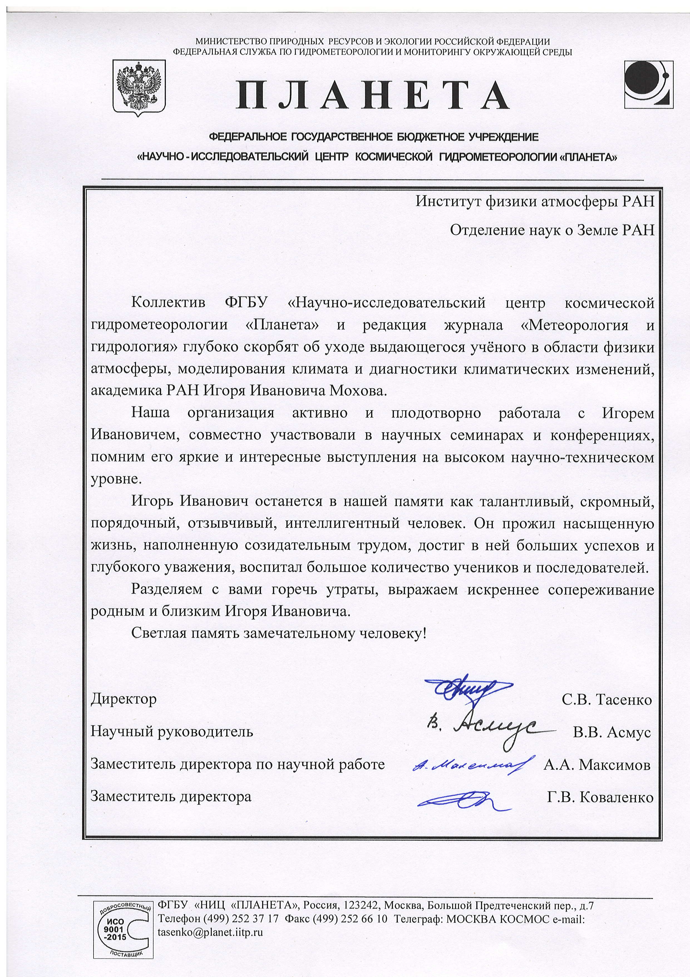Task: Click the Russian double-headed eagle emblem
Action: pos(138,87)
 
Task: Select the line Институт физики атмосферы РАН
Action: pos(535,201)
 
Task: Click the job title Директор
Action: pos(123,699)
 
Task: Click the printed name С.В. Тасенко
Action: pos(607,700)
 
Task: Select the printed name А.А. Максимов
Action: pos(597,765)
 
